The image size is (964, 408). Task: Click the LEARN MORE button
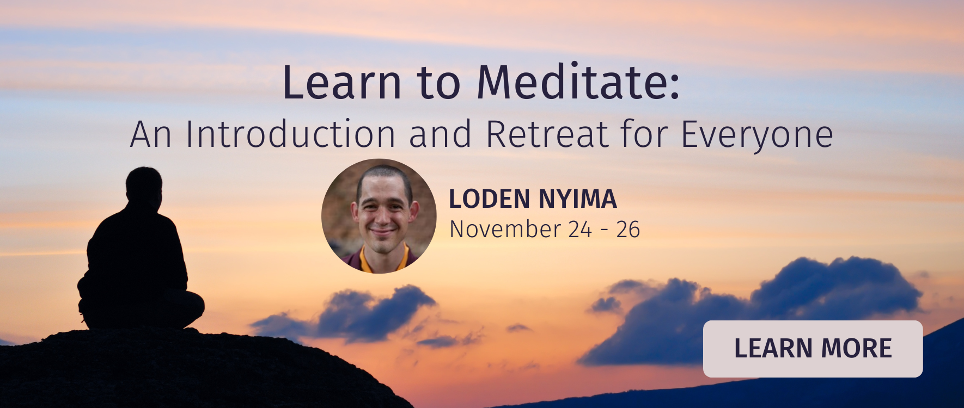(x=813, y=349)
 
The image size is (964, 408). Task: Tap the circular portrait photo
(x=379, y=216)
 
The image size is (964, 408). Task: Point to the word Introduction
(x=290, y=134)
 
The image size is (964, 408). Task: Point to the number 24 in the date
(x=579, y=230)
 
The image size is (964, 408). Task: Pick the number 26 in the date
(x=627, y=230)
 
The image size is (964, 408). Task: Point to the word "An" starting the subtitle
(x=151, y=134)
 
